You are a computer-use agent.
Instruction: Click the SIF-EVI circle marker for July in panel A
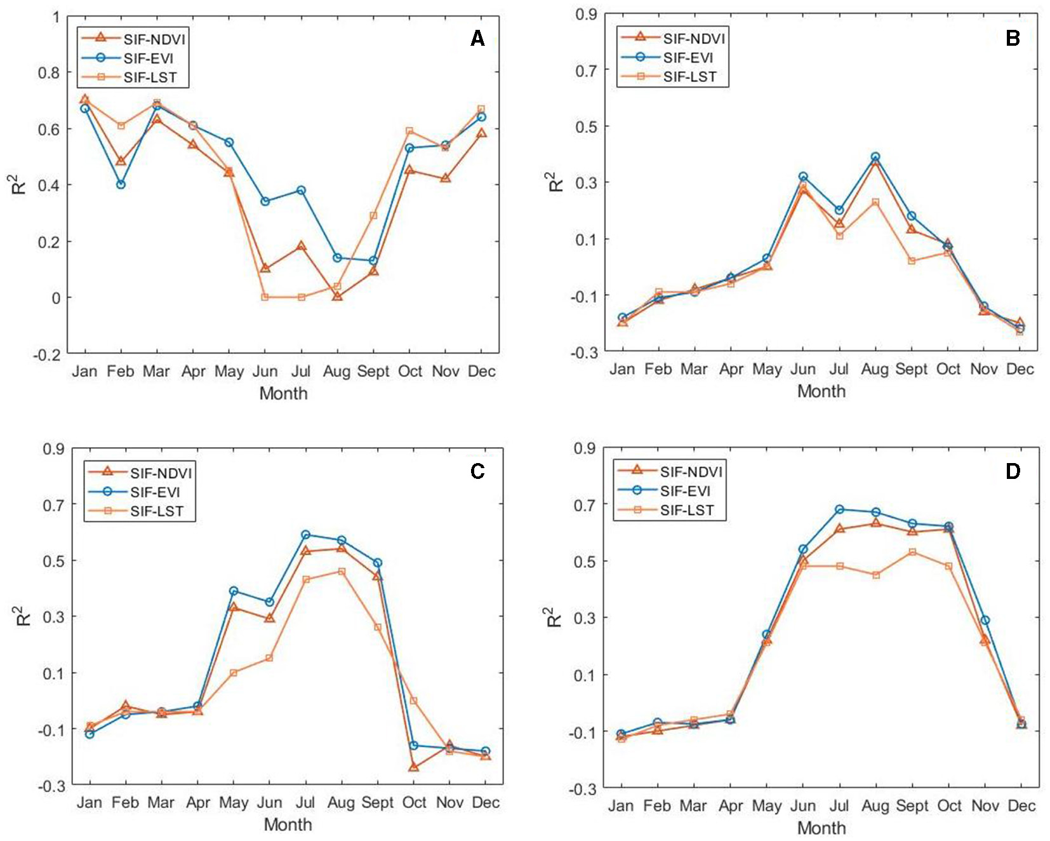[x=301, y=191]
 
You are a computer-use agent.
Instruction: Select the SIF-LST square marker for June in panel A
[x=265, y=297]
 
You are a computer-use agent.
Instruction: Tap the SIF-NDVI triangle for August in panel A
[x=337, y=296]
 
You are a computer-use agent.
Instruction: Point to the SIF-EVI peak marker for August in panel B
[x=875, y=157]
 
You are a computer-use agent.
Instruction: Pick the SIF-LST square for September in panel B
[x=912, y=261]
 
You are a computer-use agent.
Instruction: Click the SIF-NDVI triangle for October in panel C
[x=414, y=767]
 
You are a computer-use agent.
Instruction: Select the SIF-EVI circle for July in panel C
[x=306, y=535]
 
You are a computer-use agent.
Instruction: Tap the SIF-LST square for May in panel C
[x=234, y=673]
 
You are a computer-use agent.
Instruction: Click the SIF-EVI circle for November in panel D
[x=985, y=621]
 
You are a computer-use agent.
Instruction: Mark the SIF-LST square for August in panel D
[x=876, y=575]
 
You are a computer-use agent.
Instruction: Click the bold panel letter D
[x=1013, y=471]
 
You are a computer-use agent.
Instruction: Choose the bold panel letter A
[x=477, y=39]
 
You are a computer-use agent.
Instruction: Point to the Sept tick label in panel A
[x=373, y=372]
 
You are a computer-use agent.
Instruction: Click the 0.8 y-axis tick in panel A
[x=49, y=72]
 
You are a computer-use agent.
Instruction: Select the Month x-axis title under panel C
[x=288, y=824]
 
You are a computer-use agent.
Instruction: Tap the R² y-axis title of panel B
[x=555, y=182]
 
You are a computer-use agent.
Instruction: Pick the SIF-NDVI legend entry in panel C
[x=161, y=473]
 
